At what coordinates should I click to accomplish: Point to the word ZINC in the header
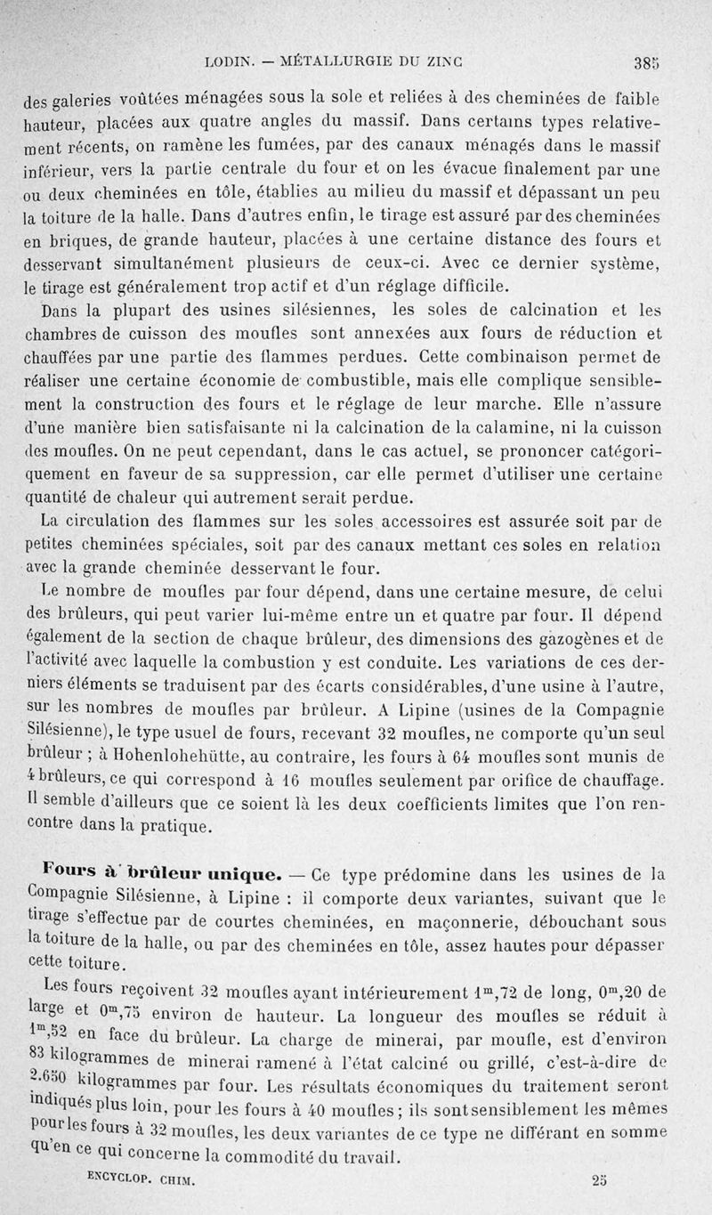tap(450, 62)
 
